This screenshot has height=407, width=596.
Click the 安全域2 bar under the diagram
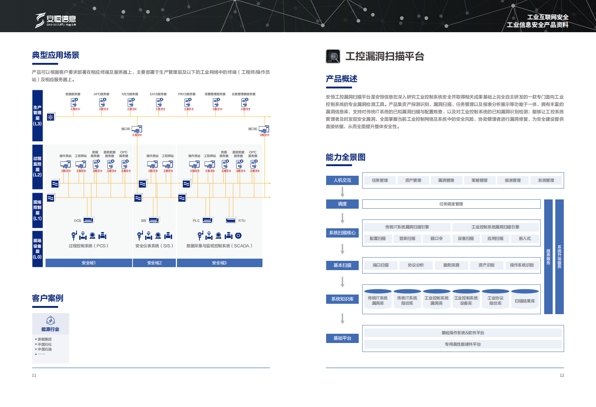click(154, 263)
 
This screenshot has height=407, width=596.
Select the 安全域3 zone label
click(220, 263)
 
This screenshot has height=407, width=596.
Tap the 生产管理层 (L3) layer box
click(37, 115)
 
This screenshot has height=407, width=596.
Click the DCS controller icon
click(88, 220)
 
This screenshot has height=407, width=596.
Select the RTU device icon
click(231, 220)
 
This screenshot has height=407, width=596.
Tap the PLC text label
click(196, 221)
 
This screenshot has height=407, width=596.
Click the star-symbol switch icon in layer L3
click(51, 117)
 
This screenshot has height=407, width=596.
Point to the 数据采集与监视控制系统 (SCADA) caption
click(220, 246)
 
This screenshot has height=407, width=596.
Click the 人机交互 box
click(342, 180)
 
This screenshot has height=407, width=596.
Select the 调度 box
click(342, 204)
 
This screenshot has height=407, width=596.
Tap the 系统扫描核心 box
click(342, 233)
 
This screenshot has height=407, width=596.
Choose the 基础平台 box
click(342, 338)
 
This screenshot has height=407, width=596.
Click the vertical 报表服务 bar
click(548, 257)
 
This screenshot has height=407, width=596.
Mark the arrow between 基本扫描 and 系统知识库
click(342, 282)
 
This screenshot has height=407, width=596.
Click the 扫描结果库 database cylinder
click(525, 300)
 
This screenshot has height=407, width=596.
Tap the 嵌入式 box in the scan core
click(525, 239)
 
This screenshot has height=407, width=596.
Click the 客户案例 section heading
click(48, 298)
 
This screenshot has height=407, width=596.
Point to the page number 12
click(562, 375)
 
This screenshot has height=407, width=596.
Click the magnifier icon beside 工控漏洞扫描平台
click(333, 56)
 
